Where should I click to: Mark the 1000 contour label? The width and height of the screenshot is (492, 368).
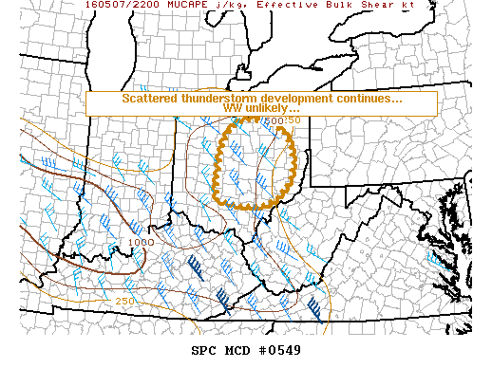pos(141,242)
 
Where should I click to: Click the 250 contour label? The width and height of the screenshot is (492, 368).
pos(124,301)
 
